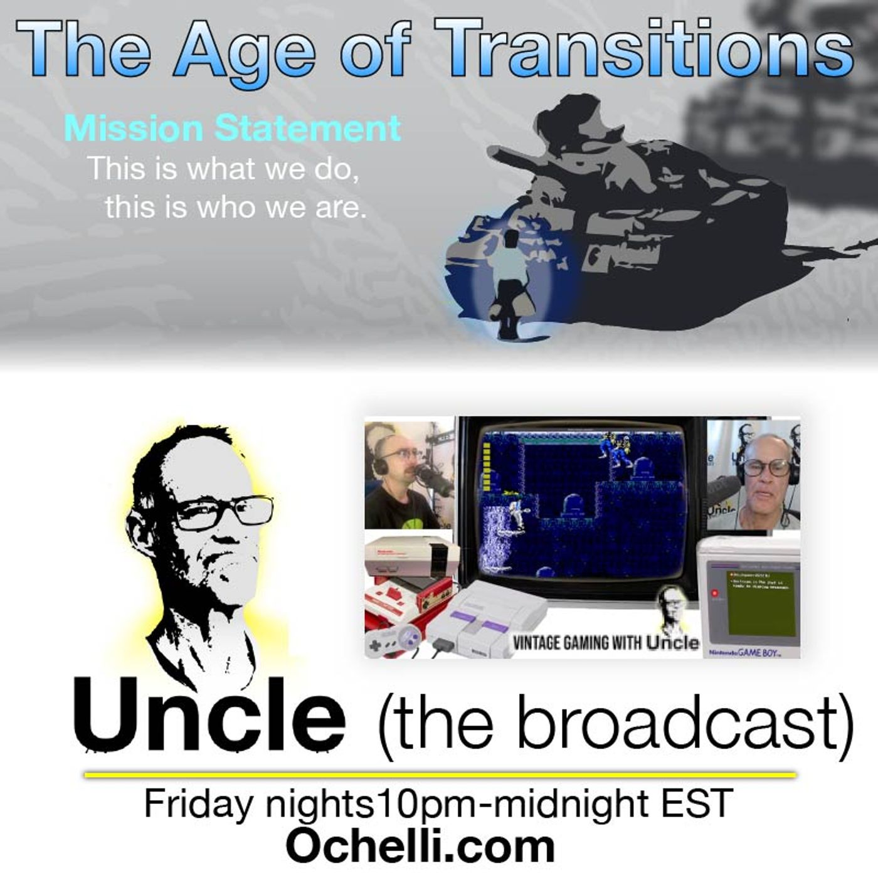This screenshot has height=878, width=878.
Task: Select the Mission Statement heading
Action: [x=232, y=128]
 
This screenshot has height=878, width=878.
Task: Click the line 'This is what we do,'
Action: [x=223, y=168]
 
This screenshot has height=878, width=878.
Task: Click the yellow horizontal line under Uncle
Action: [x=439, y=775]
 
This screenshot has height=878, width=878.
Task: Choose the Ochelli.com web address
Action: [x=420, y=846]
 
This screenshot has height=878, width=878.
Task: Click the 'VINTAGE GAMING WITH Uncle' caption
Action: [x=605, y=642]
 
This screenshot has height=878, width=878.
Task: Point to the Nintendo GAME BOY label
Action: [x=745, y=653]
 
